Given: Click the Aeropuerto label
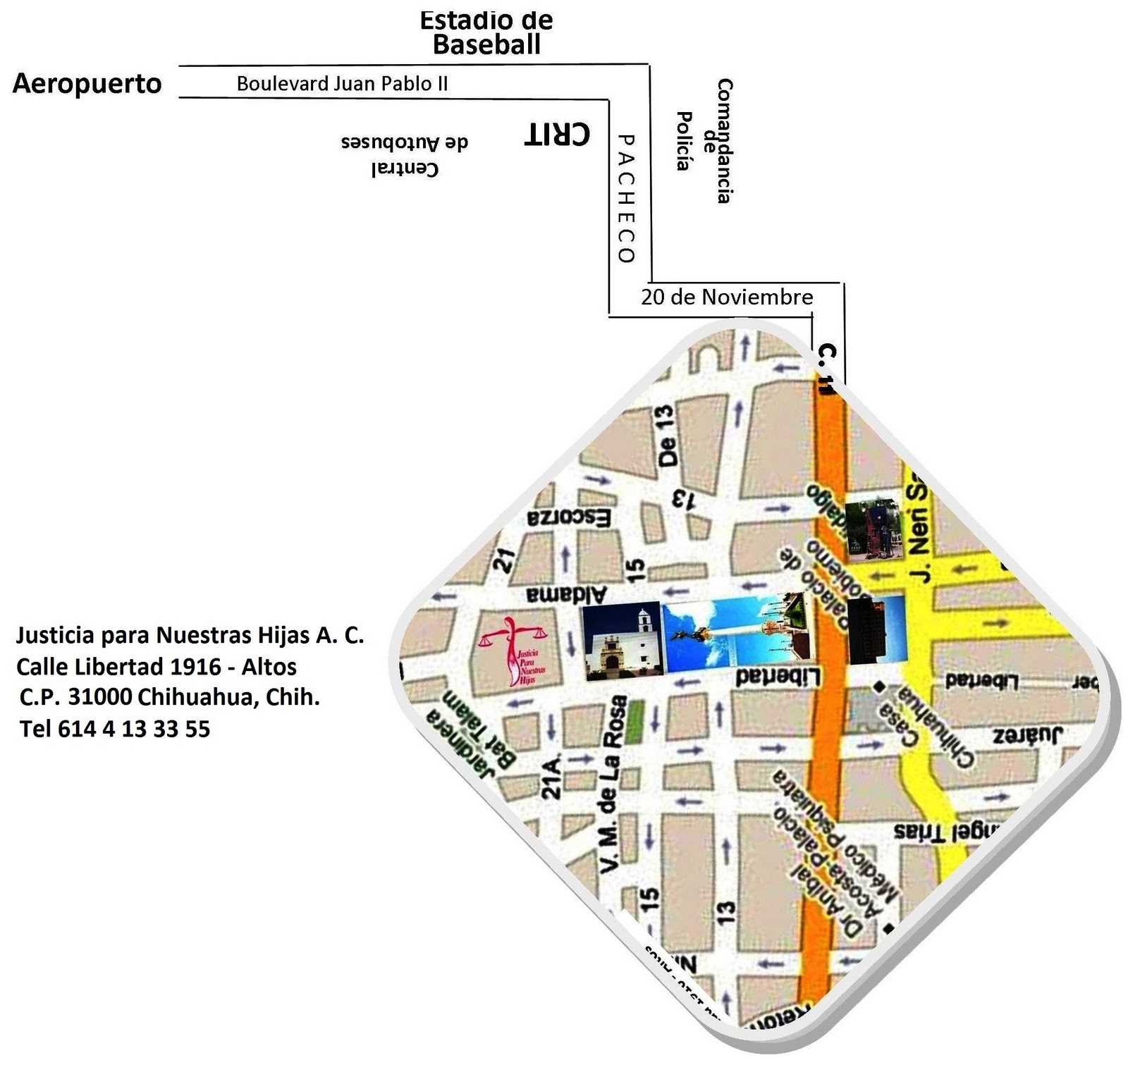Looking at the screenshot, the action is pyautogui.click(x=87, y=83).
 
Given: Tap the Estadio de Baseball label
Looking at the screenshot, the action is pyautogui.click(x=486, y=32).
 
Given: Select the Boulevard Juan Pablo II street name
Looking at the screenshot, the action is pyautogui.click(x=342, y=84).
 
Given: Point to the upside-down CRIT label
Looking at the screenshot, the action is pyautogui.click(x=557, y=133).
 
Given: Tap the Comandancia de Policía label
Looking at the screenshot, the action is pyautogui.click(x=705, y=141).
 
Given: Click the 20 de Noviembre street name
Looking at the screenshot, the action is pyautogui.click(x=727, y=297).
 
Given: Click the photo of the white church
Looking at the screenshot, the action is pyautogui.click(x=622, y=641).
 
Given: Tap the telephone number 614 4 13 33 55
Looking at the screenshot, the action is pyautogui.click(x=115, y=728).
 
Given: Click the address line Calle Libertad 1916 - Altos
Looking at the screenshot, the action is pyautogui.click(x=157, y=666).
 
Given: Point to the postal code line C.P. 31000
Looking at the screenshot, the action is pyautogui.click(x=170, y=697).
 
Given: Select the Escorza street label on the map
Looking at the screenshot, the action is pyautogui.click(x=569, y=518).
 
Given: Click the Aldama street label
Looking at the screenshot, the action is pyautogui.click(x=566, y=594).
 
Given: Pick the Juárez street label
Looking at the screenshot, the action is pyautogui.click(x=1027, y=736).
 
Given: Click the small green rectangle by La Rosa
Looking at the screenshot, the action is pyautogui.click(x=636, y=720).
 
